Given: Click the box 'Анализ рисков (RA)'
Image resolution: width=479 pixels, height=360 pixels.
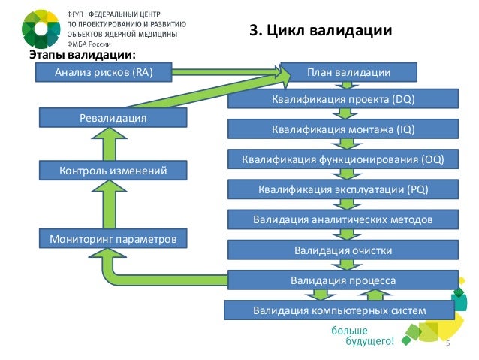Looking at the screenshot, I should point(104,72).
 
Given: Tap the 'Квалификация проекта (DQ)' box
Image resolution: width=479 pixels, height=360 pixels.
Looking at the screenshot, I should point(342,99).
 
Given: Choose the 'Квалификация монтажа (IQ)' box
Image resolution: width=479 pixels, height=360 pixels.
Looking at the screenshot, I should point(342,129).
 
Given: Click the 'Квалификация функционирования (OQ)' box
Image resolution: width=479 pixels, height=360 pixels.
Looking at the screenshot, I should point(342,159).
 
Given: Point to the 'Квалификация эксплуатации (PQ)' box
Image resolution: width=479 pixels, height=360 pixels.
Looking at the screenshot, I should point(342,189).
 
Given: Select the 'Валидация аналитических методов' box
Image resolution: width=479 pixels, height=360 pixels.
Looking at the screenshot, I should point(342,219).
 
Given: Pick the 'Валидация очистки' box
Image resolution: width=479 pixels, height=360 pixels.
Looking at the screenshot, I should point(342,249).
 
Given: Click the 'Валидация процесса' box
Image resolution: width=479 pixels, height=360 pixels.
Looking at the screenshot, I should point(342,280).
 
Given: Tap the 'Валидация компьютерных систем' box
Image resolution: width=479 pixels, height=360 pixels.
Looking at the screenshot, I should point(339,310).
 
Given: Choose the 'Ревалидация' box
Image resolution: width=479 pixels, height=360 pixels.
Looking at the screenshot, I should point(113,118).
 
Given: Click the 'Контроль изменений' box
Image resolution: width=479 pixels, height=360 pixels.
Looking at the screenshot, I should point(113,171).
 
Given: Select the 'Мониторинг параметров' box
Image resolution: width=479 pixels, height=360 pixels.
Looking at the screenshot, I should point(113,240).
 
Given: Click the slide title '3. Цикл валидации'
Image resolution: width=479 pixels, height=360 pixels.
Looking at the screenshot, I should point(321,31).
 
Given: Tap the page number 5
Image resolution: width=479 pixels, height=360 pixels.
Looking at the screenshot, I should point(447,343).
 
